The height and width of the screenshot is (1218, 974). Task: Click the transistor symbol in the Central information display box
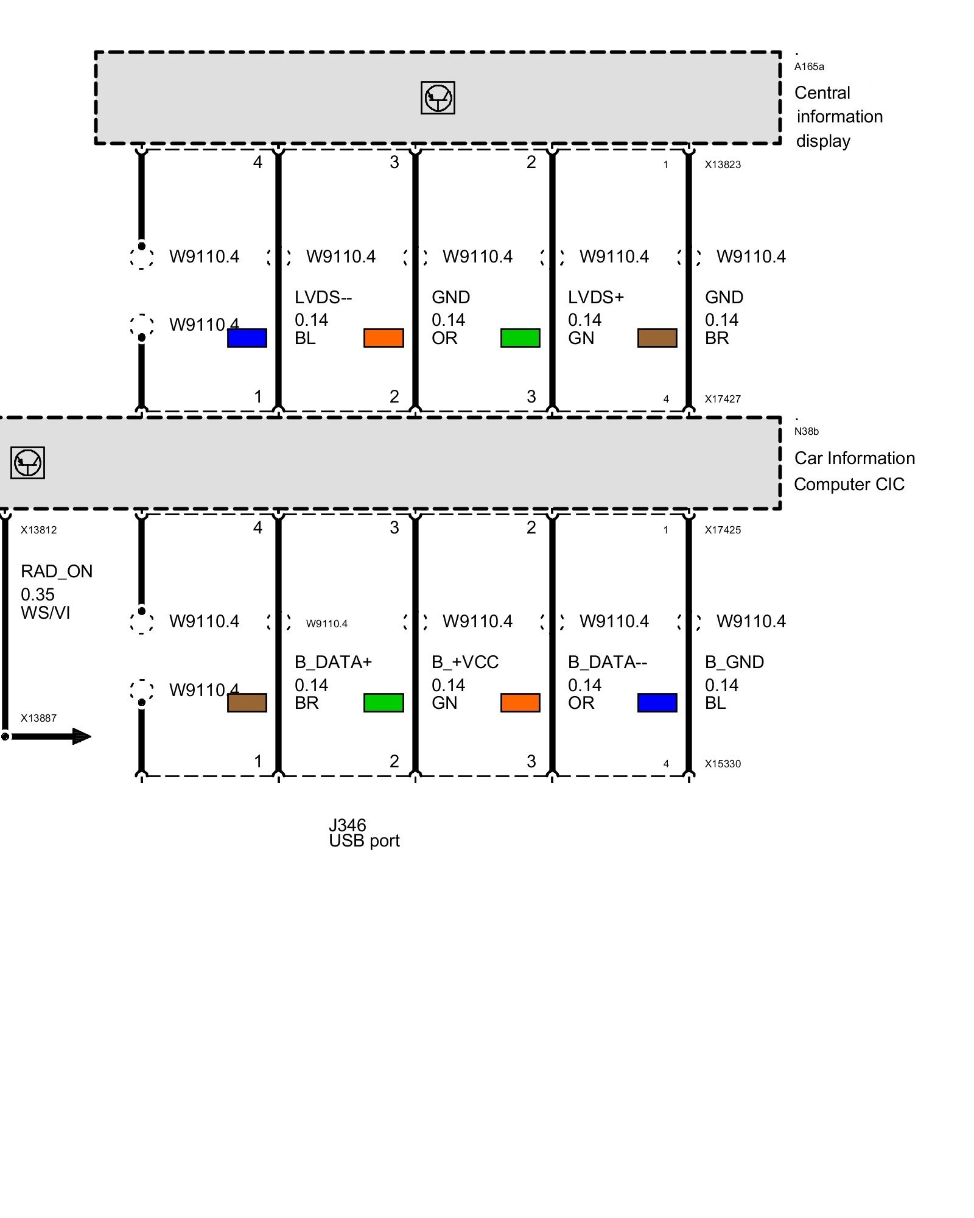click(x=438, y=97)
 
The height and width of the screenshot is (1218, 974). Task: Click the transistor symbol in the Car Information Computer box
click(x=27, y=463)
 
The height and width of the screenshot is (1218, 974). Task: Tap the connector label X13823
click(x=723, y=164)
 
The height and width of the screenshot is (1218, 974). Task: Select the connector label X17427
click(x=723, y=399)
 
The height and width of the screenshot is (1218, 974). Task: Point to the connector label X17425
click(x=723, y=530)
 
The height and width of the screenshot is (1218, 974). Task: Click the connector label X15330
click(x=723, y=764)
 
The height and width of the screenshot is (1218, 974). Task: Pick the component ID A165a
click(x=809, y=66)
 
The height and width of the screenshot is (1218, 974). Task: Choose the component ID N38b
click(x=807, y=431)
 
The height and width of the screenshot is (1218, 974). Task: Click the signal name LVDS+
click(x=595, y=297)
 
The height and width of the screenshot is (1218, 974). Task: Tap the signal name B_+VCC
click(x=465, y=662)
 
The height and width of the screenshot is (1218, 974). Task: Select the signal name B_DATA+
click(x=333, y=662)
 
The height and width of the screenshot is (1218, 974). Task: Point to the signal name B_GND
click(x=734, y=662)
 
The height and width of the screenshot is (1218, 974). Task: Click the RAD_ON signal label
click(x=57, y=571)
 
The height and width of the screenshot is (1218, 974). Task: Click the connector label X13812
click(x=38, y=530)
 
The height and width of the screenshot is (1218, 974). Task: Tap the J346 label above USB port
click(x=347, y=825)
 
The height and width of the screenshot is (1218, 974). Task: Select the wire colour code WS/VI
click(x=46, y=613)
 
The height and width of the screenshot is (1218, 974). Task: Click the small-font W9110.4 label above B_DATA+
click(x=327, y=624)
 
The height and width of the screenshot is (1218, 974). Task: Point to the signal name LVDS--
click(x=323, y=297)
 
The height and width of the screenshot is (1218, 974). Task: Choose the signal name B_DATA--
click(x=607, y=662)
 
